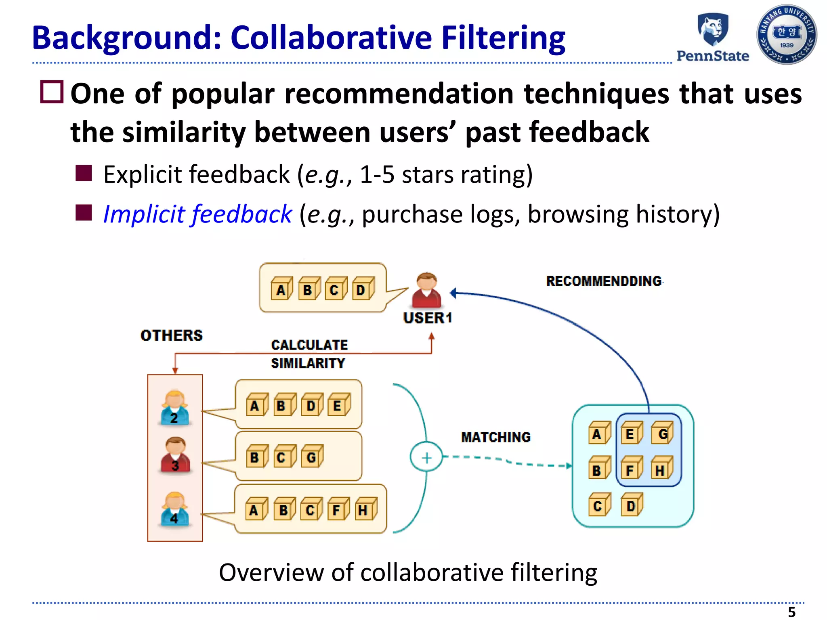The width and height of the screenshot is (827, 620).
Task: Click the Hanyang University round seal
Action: coord(786,35)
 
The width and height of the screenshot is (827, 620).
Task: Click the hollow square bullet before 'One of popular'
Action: coord(52,92)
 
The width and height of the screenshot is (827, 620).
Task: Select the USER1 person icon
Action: coord(426,291)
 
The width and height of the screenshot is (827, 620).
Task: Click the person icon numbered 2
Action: coord(175,408)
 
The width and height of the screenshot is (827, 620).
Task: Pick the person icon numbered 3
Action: coord(175,455)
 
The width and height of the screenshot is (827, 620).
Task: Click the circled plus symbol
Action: coord(426,457)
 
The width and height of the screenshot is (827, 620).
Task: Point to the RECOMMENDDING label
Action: coord(604,281)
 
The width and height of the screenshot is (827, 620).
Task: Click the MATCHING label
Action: coord(496,437)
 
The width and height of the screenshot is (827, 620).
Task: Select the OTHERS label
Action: coord(172,335)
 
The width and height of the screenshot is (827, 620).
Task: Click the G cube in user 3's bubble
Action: coord(313,457)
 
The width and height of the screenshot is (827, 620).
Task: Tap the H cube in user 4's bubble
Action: coord(365,509)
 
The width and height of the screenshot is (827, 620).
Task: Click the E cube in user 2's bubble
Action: coord(338,404)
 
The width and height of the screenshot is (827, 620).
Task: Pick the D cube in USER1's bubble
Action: coord(363,289)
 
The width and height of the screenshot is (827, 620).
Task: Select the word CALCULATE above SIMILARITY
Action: coord(309,345)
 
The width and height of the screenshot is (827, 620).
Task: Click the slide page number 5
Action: coord(791,612)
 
